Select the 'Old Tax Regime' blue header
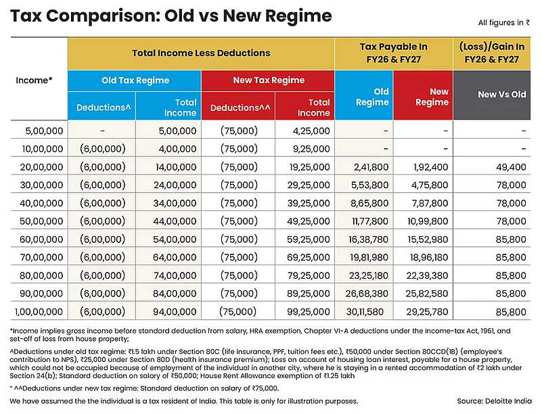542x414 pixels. click(135, 80)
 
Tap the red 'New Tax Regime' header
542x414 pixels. click(269, 80)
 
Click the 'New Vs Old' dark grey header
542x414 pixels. click(501, 95)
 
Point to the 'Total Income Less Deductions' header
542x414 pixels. click(201, 53)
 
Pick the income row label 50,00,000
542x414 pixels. click(39, 220)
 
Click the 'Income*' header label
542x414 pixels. click(34, 80)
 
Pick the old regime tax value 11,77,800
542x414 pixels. click(367, 220)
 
